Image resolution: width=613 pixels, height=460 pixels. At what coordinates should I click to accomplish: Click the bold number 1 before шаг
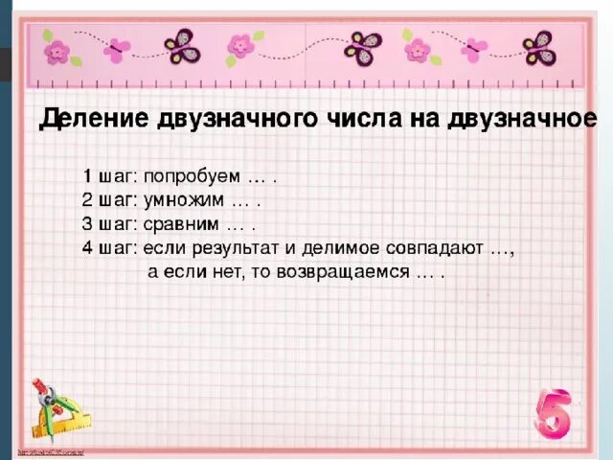pyautogui.click(x=87, y=177)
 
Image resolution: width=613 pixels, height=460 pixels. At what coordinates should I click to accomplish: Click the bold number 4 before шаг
pyautogui.click(x=87, y=249)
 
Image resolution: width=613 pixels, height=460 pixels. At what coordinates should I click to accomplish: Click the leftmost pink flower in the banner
pyautogui.click(x=57, y=49)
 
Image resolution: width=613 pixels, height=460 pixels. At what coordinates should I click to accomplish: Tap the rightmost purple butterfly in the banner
pyautogui.click(x=539, y=48)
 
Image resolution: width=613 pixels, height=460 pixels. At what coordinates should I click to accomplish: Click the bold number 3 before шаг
pyautogui.click(x=87, y=225)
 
